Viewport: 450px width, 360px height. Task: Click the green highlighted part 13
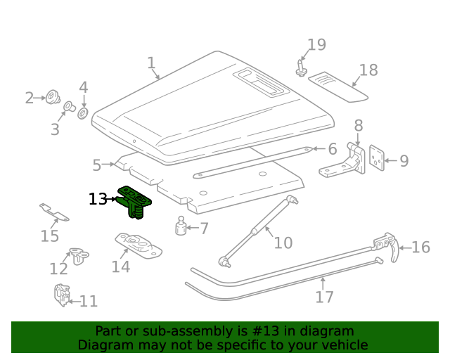pos(134,202)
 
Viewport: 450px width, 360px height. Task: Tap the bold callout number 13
pos(98,199)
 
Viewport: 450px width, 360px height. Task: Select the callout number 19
pos(316,45)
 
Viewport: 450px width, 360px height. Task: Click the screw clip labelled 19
pos(300,68)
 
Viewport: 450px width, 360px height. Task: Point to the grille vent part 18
pos(338,87)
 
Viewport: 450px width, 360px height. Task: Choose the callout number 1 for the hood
pos(152,63)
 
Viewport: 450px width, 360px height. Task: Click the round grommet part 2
pos(53,97)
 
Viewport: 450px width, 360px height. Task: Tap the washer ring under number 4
pos(83,113)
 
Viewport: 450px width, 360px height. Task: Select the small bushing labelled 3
pos(69,106)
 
